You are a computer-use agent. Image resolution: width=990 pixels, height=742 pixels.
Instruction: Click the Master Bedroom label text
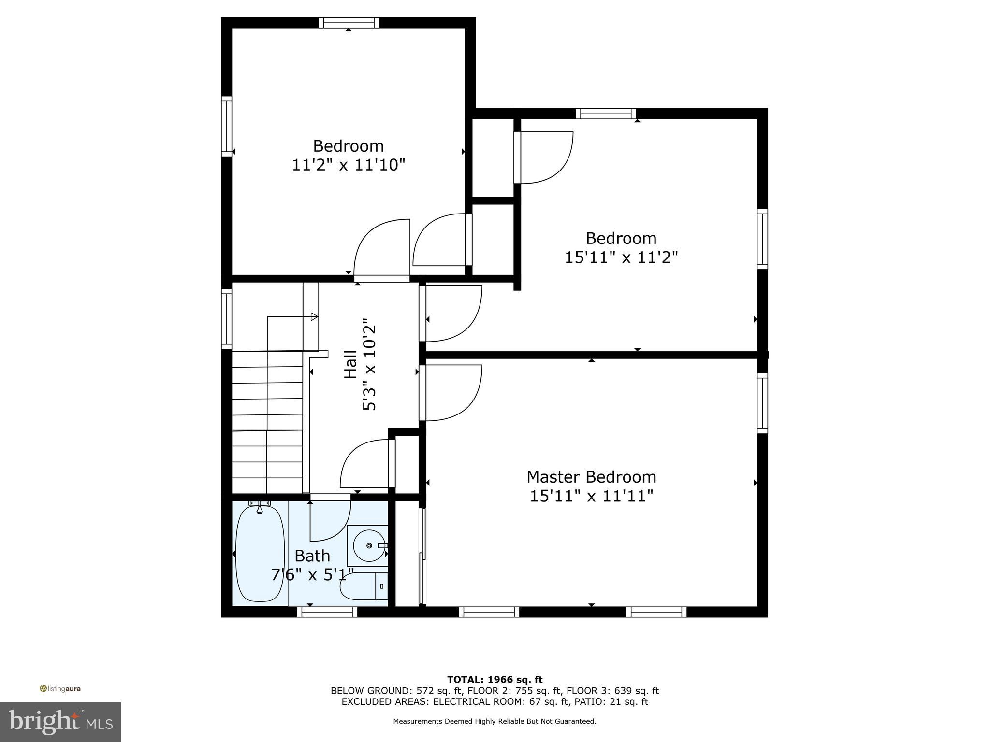pyautogui.click(x=591, y=477)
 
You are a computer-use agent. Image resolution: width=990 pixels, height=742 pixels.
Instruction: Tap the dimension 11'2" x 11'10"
pyautogui.click(x=348, y=165)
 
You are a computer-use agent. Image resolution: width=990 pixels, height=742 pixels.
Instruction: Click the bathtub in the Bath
pyautogui.click(x=260, y=553)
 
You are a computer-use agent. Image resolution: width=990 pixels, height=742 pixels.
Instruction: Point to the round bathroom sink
pyautogui.click(x=369, y=545)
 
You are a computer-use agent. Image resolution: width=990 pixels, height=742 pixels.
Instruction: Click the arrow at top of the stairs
pyautogui.click(x=314, y=317)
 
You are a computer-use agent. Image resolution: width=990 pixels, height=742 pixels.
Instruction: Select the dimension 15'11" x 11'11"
pyautogui.click(x=591, y=496)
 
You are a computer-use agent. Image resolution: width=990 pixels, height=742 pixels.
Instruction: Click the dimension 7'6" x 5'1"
pyautogui.click(x=312, y=575)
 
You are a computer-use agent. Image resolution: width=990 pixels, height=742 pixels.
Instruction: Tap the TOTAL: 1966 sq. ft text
pyautogui.click(x=495, y=680)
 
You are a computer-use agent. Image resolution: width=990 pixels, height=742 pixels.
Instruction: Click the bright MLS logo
pyautogui.click(x=60, y=722)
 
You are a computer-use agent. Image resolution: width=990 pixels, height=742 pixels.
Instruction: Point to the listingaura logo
pyautogui.click(x=60, y=689)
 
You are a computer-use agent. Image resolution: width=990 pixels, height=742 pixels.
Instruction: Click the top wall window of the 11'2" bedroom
pyautogui.click(x=349, y=22)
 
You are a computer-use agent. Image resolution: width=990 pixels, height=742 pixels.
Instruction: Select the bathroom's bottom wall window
pyautogui.click(x=327, y=612)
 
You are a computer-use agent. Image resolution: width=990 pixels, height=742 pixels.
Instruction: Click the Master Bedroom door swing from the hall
pyautogui.click(x=452, y=392)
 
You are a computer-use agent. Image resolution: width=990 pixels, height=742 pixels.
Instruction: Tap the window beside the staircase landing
pyautogui.click(x=226, y=319)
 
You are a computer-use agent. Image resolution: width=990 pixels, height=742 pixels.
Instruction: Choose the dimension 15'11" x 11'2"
pyautogui.click(x=621, y=257)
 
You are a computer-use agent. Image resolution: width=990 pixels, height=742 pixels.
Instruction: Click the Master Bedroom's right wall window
pyautogui.click(x=762, y=403)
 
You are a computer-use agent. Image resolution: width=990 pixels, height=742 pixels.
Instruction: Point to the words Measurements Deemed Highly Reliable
pyautogui.click(x=495, y=721)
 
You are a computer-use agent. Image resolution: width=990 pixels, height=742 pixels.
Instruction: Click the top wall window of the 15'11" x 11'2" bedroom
pyautogui.click(x=606, y=114)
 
